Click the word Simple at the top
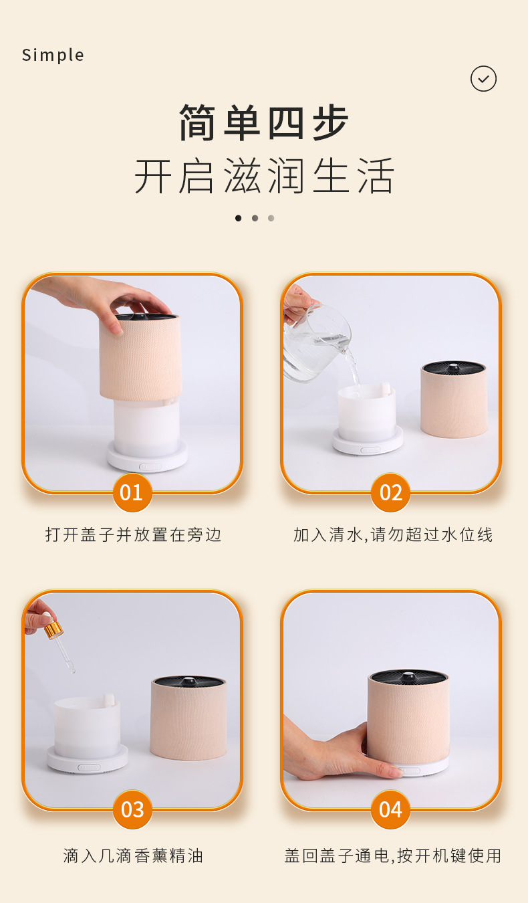53,55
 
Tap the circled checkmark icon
483,79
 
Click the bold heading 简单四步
264,123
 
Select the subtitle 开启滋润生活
264,176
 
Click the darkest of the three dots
238,218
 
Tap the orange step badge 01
132,492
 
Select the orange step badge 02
390,492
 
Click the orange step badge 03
132,809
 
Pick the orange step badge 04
390,809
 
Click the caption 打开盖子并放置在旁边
133,535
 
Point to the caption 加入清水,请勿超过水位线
393,535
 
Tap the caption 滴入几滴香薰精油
133,856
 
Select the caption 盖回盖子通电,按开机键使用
393,856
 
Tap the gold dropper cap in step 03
53,629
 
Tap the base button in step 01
150,466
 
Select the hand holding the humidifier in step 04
334,752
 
